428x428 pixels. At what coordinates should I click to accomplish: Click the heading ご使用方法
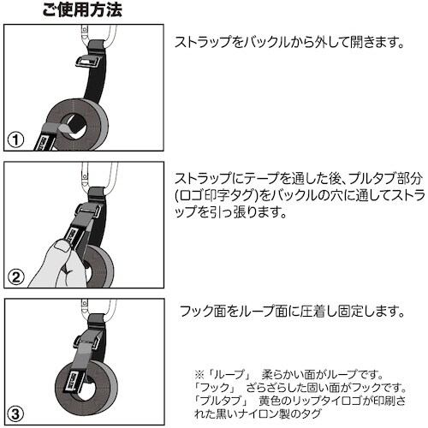point(82,11)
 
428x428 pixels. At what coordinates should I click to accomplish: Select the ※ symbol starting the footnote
point(199,375)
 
